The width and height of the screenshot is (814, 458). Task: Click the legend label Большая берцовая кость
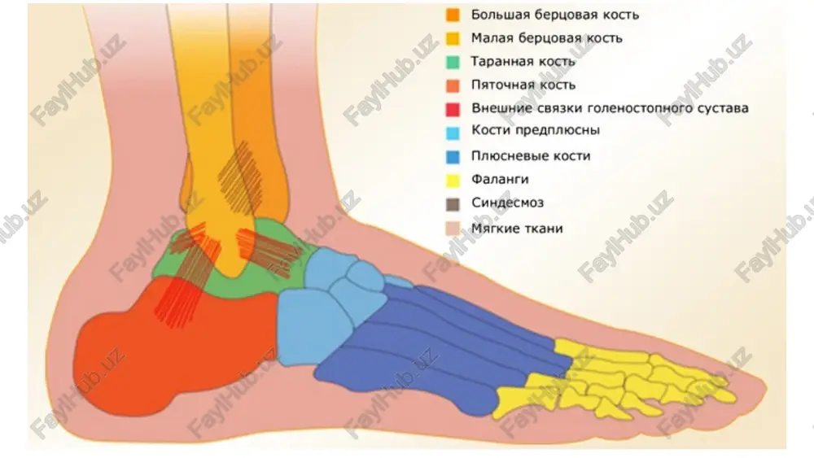click(554, 15)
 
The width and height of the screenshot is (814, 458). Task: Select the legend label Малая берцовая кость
click(546, 38)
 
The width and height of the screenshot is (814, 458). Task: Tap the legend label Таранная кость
click(523, 61)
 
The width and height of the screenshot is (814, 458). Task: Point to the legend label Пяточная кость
click(523, 85)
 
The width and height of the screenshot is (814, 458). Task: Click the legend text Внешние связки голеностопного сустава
click(610, 108)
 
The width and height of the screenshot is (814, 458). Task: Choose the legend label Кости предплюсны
click(536, 129)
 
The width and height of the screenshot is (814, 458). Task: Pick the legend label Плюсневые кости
click(531, 155)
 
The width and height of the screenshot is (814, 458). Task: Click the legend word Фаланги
click(500, 180)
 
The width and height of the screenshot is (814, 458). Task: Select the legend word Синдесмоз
click(507, 203)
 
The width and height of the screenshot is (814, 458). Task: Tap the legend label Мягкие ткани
click(517, 229)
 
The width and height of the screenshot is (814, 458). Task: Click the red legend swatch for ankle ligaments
click(453, 110)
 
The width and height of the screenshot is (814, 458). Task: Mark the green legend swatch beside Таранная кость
click(453, 63)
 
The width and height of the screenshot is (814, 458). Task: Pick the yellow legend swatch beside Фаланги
click(453, 181)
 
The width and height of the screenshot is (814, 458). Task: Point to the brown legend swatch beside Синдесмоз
click(453, 204)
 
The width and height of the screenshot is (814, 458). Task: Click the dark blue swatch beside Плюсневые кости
click(453, 157)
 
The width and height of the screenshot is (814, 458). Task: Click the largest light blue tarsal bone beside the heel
click(312, 328)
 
